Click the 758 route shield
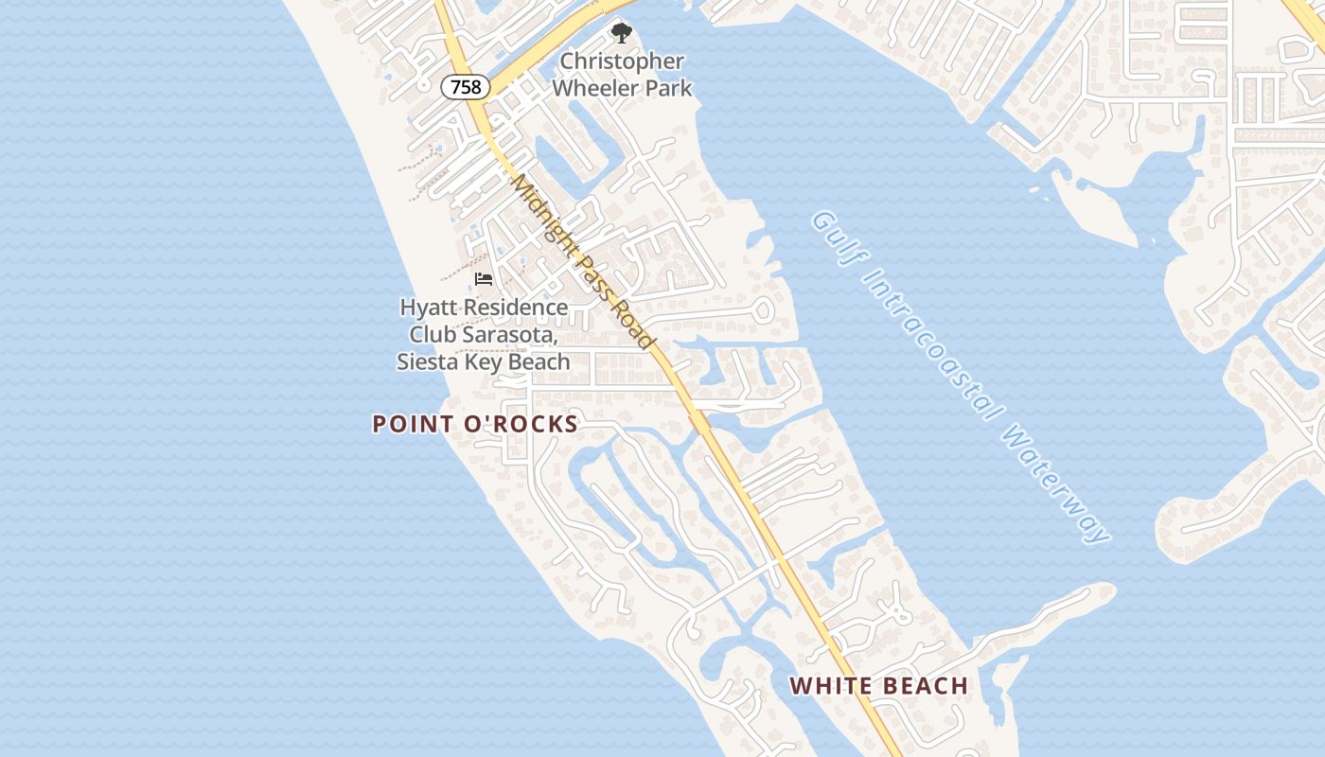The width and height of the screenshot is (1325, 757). [x=466, y=87]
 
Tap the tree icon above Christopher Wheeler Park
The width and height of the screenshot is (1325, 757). [x=621, y=34]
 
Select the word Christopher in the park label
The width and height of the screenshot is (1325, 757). [x=622, y=62]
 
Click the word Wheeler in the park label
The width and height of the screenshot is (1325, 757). [x=597, y=89]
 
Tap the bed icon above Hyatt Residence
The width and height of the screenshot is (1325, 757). [x=484, y=279]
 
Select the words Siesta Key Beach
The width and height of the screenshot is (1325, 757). [x=484, y=361]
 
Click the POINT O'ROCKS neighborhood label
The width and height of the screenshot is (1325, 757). [x=475, y=424]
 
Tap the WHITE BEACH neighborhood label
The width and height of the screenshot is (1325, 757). [x=879, y=686]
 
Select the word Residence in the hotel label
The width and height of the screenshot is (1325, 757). [x=516, y=308]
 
